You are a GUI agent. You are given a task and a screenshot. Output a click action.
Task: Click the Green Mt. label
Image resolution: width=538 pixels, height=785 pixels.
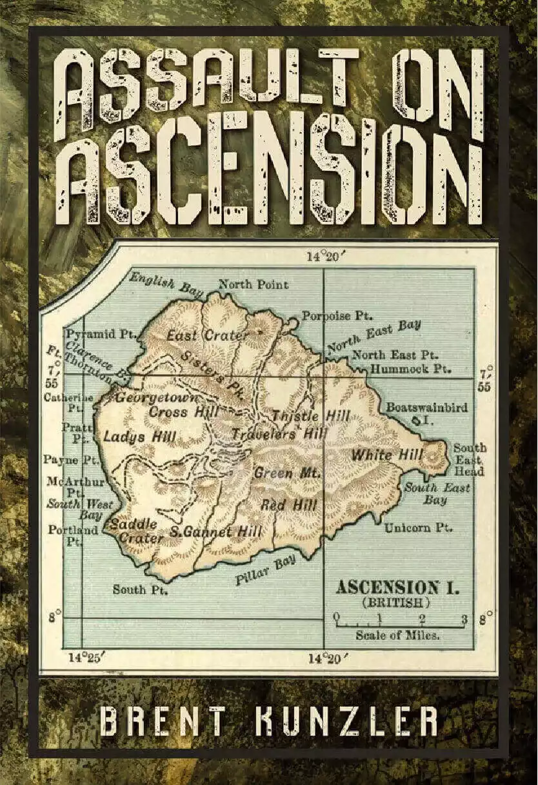click(x=287, y=473)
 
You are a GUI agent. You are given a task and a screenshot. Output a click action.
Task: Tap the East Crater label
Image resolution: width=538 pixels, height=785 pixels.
click(x=207, y=336)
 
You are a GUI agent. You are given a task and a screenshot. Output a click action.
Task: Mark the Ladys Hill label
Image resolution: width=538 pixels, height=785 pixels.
click(x=139, y=437)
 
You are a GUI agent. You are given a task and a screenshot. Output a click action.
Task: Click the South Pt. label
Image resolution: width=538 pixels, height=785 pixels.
click(x=140, y=589)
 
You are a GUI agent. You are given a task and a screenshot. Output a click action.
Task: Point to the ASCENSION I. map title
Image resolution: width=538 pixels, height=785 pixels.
click(x=395, y=587)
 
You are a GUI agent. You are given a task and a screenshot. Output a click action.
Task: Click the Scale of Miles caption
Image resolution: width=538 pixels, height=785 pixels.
click(x=398, y=635)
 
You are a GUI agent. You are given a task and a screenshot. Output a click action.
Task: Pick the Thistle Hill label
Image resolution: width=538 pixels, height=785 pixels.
click(x=310, y=416)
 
